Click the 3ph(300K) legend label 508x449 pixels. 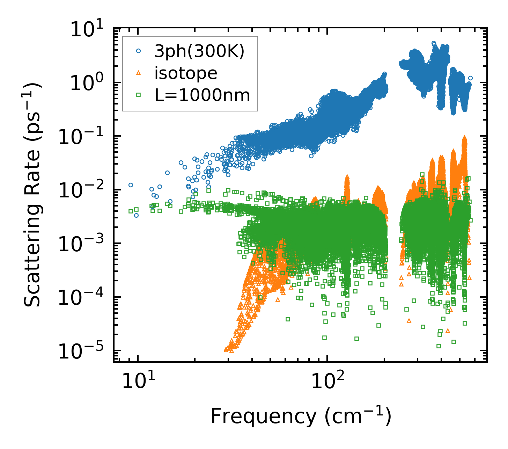199,51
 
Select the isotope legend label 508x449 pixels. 186,73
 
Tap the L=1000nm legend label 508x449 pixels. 203,95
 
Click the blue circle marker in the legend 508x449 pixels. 138,51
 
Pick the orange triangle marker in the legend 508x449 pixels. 138,73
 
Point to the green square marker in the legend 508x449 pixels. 138,95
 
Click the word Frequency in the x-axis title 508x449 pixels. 263,417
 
